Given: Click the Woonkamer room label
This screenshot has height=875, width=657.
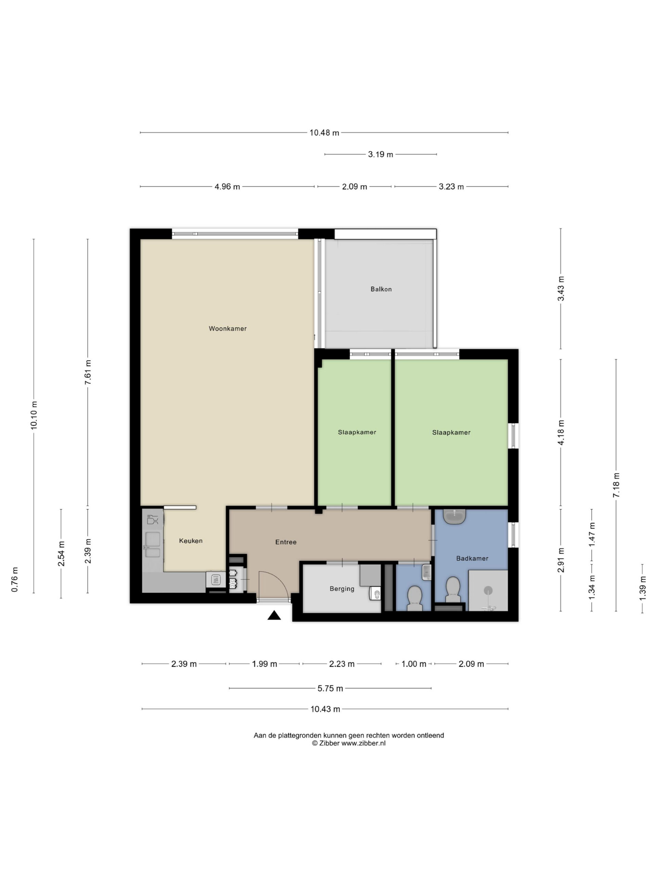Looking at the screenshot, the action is pos(227,328).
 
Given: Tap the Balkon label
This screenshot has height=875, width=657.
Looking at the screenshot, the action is pos(381,289).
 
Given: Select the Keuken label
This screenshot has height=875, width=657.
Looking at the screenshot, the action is pos(191,541).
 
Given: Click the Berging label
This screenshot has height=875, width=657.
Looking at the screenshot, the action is pos(342,589).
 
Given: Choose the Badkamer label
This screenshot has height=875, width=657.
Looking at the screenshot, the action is pos(472,558).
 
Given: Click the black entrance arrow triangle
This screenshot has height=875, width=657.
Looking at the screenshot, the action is pos(274,615).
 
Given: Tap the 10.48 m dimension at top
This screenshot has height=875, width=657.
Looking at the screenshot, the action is pos(324,133).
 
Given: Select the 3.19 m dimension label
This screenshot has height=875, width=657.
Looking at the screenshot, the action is pos(381,154).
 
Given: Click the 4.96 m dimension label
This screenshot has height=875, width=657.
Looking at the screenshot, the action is pos(227,187).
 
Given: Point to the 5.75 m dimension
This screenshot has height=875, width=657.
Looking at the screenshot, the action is pos(330,688).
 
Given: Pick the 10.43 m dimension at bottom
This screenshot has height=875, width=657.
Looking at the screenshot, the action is pos(325,709).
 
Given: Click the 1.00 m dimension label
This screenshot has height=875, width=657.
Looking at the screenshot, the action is pos(414,664).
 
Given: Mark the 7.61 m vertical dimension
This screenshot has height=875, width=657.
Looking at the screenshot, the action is pos(88,372).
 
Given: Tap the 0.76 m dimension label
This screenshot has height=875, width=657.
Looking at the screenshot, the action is pos(15,579).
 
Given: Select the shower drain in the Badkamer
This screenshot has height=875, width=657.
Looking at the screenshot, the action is pos(488,591).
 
